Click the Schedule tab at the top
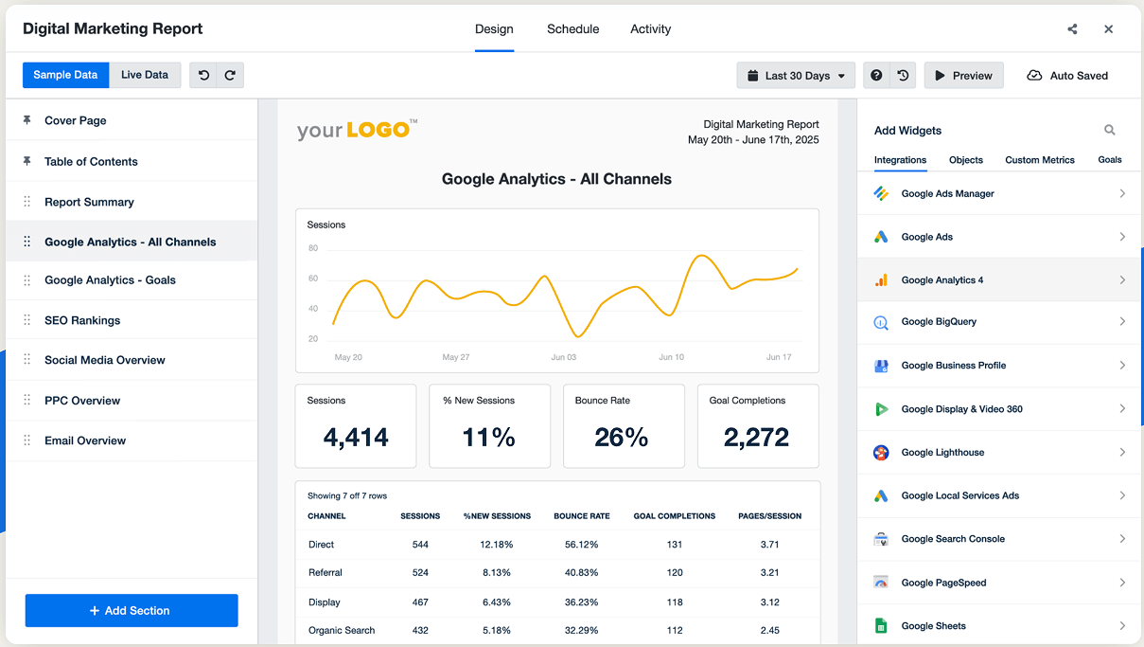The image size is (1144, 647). coord(572,29)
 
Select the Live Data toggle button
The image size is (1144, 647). coord(145,75)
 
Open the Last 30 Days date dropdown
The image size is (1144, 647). coord(796,76)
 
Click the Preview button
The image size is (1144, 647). coord(963,76)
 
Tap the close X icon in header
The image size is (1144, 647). coord(1108,29)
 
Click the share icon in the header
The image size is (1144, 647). coord(1072,29)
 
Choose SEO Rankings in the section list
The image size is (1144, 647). coord(82,320)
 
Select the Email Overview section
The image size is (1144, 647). coord(85,440)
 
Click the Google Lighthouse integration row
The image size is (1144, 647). coord(942,453)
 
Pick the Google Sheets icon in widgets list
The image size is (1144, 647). coord(881,626)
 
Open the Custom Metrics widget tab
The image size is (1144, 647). coord(1039,160)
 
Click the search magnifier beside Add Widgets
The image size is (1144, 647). coord(1109,131)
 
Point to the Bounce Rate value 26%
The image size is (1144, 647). coord(622,437)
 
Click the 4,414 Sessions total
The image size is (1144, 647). coord(356,437)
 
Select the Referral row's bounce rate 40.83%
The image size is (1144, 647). coord(581,573)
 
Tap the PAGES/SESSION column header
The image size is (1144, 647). coord(768,516)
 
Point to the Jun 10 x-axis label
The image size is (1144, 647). coord(672,357)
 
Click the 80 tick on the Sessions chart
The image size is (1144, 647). coord(313,248)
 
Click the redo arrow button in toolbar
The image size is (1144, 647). coord(230,76)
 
